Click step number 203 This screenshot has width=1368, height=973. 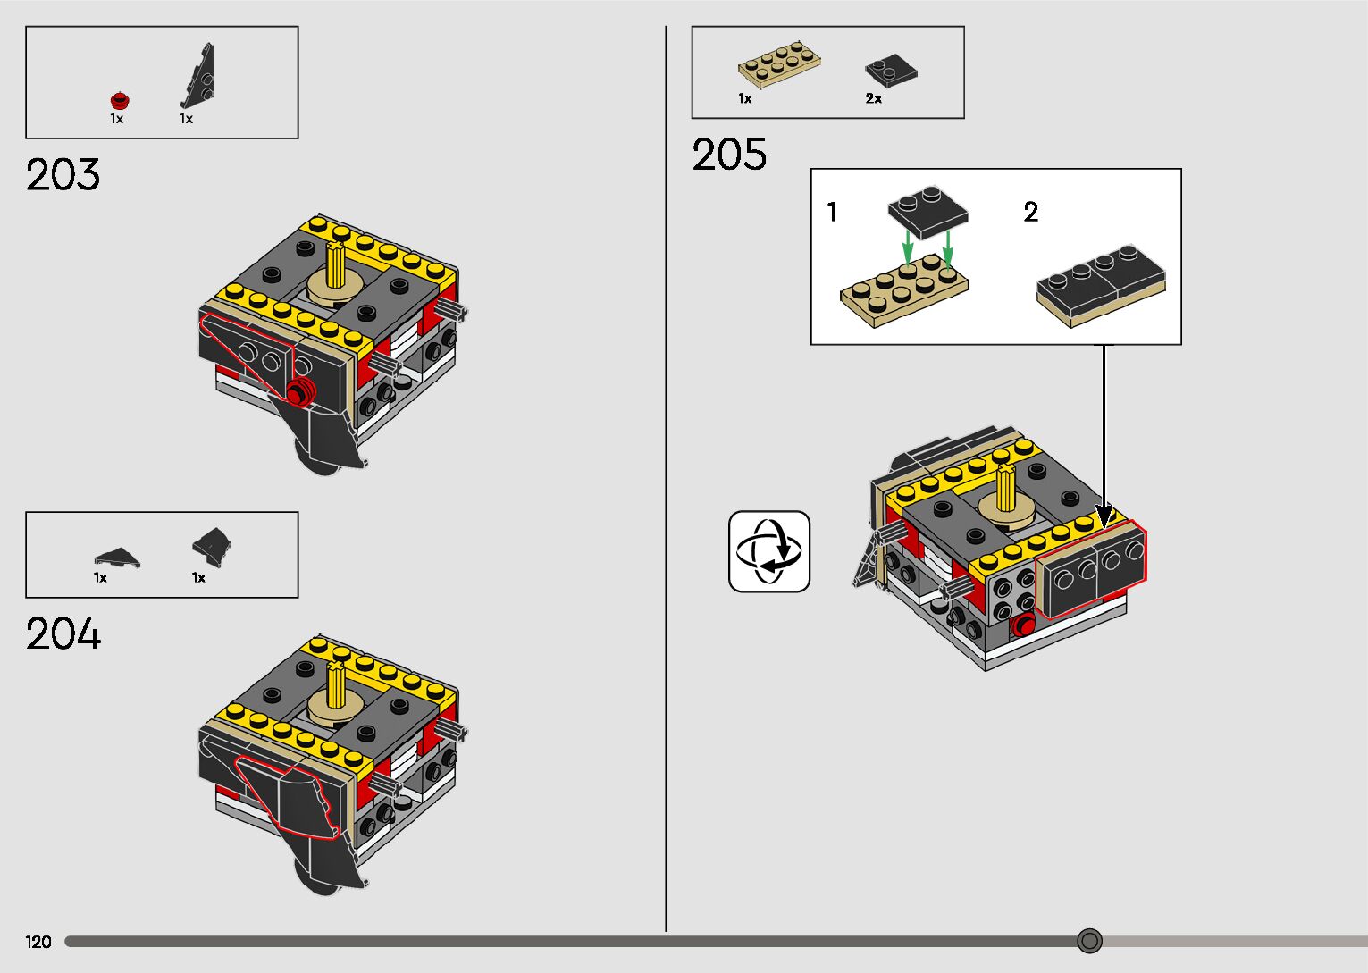(63, 175)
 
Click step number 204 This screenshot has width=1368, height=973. (63, 633)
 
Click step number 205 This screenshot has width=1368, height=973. (729, 154)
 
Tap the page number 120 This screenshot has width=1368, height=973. (38, 942)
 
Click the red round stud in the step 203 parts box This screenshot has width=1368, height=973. (121, 100)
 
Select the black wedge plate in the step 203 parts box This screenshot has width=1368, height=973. (198, 75)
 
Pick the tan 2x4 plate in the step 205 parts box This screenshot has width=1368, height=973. (779, 63)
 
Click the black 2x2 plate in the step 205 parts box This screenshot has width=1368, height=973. (891, 71)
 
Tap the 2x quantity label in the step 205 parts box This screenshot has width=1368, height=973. (873, 98)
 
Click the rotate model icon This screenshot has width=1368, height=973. (769, 551)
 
